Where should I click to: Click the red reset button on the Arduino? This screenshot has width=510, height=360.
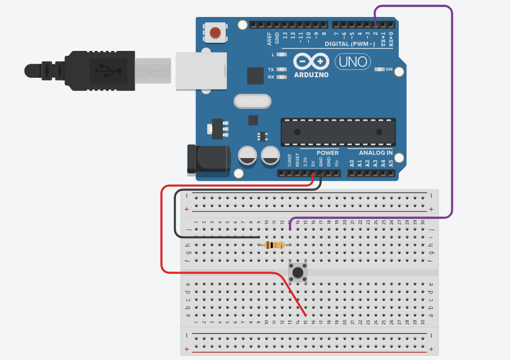(216, 32)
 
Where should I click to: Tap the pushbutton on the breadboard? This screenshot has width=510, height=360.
(298, 272)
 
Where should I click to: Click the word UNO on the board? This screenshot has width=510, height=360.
(352, 61)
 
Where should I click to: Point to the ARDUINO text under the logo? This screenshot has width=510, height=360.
(311, 74)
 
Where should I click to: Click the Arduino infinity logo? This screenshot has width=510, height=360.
(311, 61)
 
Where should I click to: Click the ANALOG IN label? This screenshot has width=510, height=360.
(375, 153)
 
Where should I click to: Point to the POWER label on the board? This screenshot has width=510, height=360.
(328, 153)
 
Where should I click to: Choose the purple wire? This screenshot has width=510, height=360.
(452, 117)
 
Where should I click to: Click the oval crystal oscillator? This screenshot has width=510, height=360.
(253, 102)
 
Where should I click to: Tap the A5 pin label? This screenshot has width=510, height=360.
(391, 163)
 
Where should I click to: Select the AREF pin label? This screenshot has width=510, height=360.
(270, 39)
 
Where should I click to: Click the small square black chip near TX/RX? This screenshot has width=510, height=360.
(255, 76)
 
